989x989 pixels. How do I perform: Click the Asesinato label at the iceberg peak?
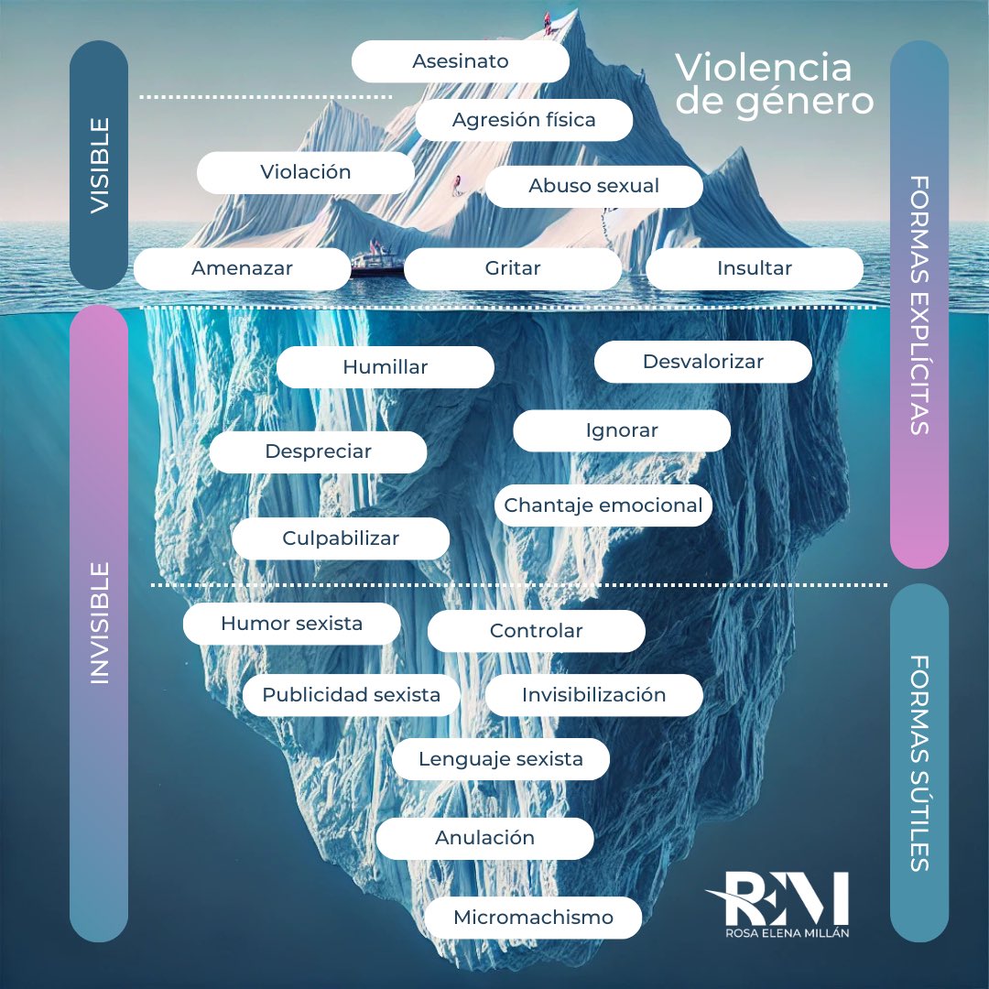point(460,62)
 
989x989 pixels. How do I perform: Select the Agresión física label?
point(524,120)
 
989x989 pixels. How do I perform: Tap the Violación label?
point(305,172)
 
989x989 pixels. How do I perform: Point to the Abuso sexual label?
point(593,186)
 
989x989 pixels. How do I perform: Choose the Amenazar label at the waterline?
point(242,269)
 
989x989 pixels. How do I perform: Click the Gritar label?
point(513,269)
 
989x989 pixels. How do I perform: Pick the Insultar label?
point(754,269)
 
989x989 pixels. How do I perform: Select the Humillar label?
point(385,367)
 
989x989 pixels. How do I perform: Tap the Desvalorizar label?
point(702,362)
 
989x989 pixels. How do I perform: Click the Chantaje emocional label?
point(603,505)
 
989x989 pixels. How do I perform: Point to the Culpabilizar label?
point(341,538)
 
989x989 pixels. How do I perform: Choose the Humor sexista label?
point(291,624)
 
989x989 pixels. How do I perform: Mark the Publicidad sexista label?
point(351,695)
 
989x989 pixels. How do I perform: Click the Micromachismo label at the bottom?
point(533,918)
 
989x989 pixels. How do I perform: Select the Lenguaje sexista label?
point(500,759)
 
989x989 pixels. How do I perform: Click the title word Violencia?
point(764,68)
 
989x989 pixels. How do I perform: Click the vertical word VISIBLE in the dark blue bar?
point(99,166)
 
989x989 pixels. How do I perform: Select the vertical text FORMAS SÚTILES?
point(919,763)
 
